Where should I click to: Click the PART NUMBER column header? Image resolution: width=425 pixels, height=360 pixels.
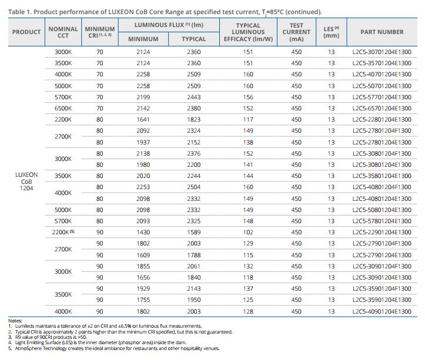[382, 32]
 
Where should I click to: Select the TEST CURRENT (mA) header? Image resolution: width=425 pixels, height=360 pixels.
[296, 32]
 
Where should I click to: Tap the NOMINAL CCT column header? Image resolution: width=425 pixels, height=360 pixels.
[63, 32]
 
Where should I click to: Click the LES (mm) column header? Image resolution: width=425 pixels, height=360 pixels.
[331, 32]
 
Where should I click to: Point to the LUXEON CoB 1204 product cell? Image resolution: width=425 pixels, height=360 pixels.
[26, 181]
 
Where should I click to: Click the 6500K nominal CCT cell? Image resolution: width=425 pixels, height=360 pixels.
[63, 108]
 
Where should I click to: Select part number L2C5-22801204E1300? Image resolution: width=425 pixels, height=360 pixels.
[382, 119]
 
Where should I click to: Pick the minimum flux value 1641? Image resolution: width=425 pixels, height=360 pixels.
[143, 119]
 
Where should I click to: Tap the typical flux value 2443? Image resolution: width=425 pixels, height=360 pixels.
[194, 97]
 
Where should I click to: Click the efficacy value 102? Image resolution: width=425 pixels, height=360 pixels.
[248, 232]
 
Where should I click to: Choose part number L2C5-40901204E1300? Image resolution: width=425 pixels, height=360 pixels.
[382, 311]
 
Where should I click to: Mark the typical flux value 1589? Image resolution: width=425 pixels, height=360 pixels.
[194, 232]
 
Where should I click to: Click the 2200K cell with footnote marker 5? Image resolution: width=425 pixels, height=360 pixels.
[63, 232]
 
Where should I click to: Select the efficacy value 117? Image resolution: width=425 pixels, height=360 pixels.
[248, 119]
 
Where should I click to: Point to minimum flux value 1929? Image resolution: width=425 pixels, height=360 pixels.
[143, 288]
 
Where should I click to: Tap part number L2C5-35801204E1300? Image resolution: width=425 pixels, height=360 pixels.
[382, 176]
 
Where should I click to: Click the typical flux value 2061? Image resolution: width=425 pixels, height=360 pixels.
[194, 266]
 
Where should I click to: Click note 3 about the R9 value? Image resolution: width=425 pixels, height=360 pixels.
[48, 337]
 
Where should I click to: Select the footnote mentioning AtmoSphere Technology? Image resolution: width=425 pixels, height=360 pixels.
[114, 348]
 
